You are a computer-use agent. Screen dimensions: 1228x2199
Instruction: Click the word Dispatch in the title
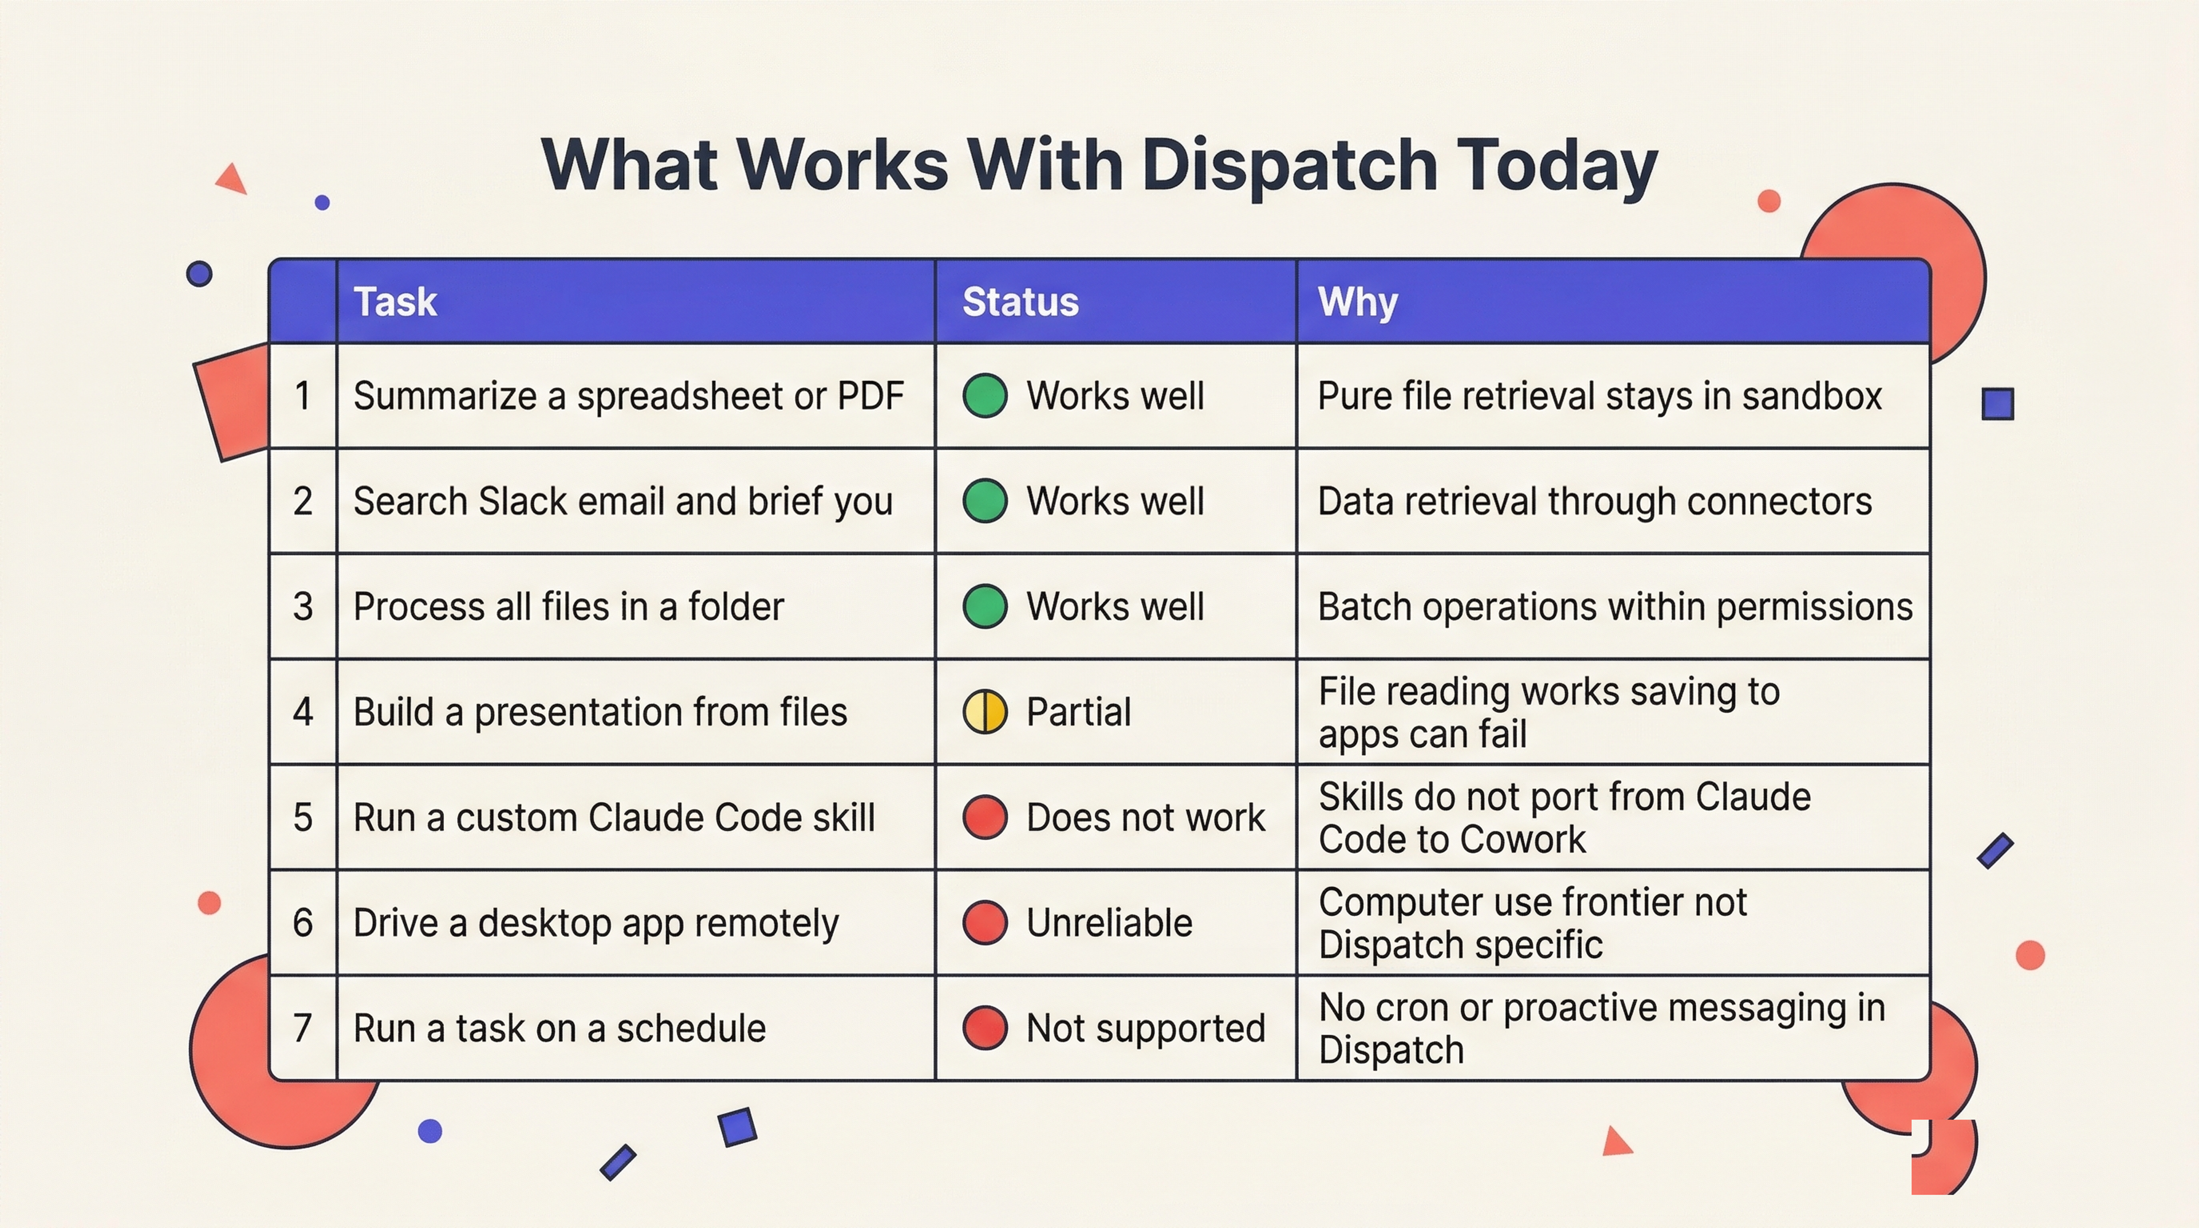1289,166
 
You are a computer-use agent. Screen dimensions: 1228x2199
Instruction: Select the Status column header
1020,301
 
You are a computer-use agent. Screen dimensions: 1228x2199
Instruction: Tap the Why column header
1357,301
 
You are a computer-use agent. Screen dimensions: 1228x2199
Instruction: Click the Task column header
395,301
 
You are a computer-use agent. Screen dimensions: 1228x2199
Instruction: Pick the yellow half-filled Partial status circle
985,711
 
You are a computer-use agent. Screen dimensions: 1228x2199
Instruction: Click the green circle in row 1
985,395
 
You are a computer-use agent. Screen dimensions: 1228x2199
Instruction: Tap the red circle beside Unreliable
985,922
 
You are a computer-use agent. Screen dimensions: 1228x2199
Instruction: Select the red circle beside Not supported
985,1027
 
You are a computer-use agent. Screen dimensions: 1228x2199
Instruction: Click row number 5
303,817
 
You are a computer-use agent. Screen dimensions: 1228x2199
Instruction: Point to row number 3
303,606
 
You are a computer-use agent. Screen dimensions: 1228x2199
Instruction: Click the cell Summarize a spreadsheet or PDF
628,395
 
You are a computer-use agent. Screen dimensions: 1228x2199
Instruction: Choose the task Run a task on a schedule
559,1028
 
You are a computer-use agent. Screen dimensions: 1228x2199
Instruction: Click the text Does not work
1145,817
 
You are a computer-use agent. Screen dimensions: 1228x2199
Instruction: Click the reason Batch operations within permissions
1615,606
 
